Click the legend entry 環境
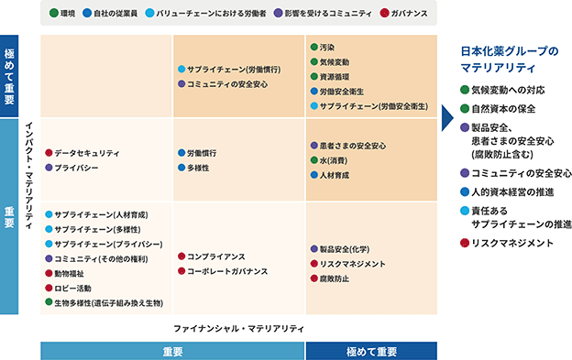click(62, 14)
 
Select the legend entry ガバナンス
click(404, 14)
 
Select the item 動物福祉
click(64, 273)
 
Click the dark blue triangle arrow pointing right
click(446, 117)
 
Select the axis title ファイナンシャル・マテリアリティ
click(238, 329)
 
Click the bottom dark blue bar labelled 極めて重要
click(371, 351)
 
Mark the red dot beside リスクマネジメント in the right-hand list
click(465, 243)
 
